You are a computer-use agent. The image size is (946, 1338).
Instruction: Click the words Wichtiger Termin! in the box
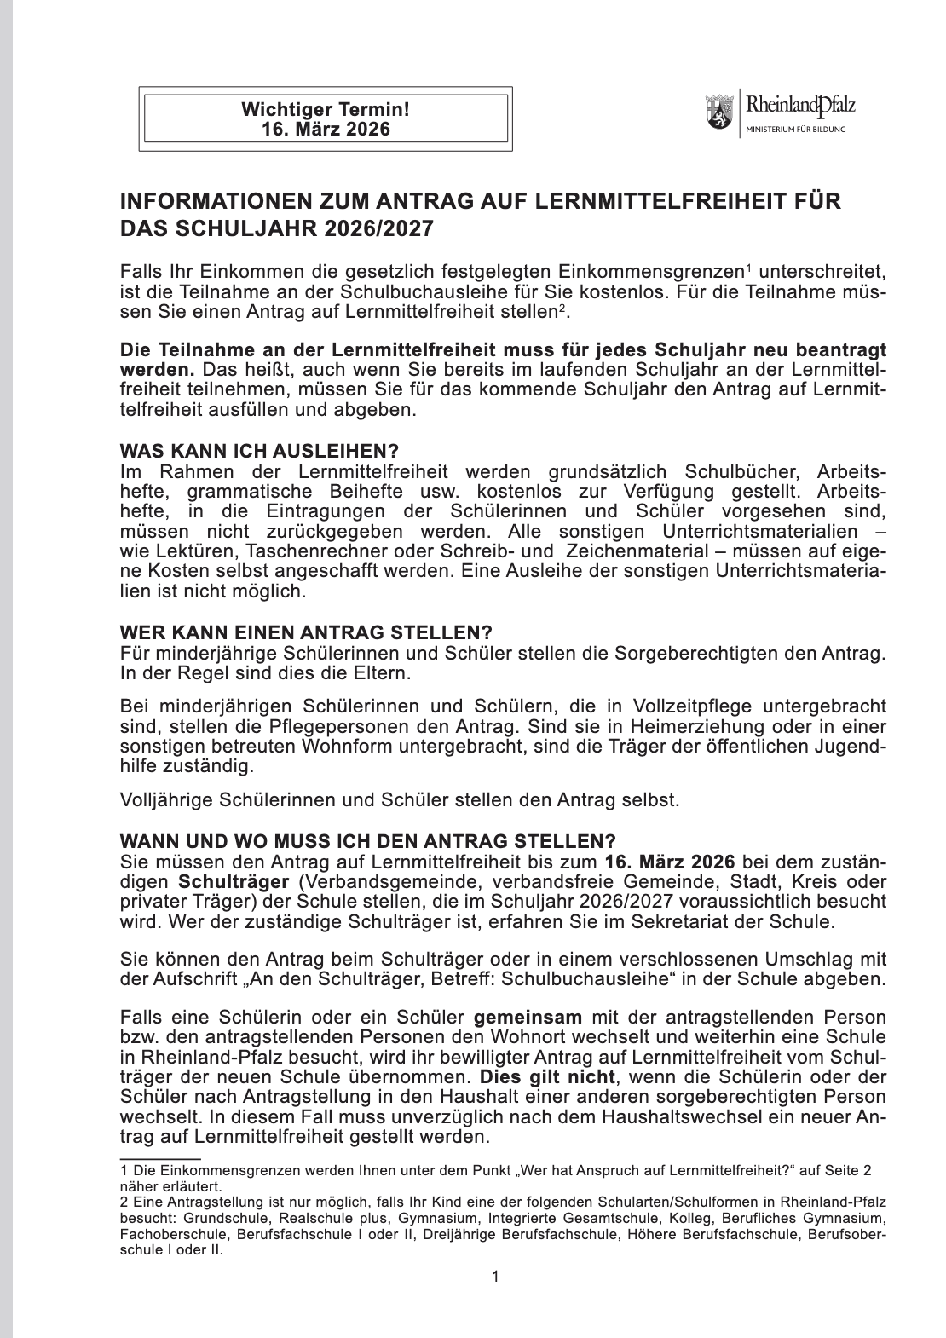click(x=325, y=109)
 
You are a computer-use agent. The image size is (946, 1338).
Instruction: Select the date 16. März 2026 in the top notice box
click(x=325, y=129)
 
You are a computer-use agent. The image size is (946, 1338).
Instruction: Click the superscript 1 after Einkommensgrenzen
click(x=748, y=269)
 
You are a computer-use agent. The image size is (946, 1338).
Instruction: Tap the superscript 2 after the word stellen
click(x=561, y=308)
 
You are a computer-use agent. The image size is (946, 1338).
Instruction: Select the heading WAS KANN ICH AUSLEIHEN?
click(x=259, y=451)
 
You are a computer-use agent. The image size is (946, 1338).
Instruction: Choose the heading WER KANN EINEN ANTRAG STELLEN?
click(x=306, y=633)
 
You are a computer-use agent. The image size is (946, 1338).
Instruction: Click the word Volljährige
click(x=167, y=800)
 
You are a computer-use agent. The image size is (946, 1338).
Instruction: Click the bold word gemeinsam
click(x=528, y=1017)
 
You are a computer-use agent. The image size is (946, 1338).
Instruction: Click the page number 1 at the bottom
click(x=495, y=1276)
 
